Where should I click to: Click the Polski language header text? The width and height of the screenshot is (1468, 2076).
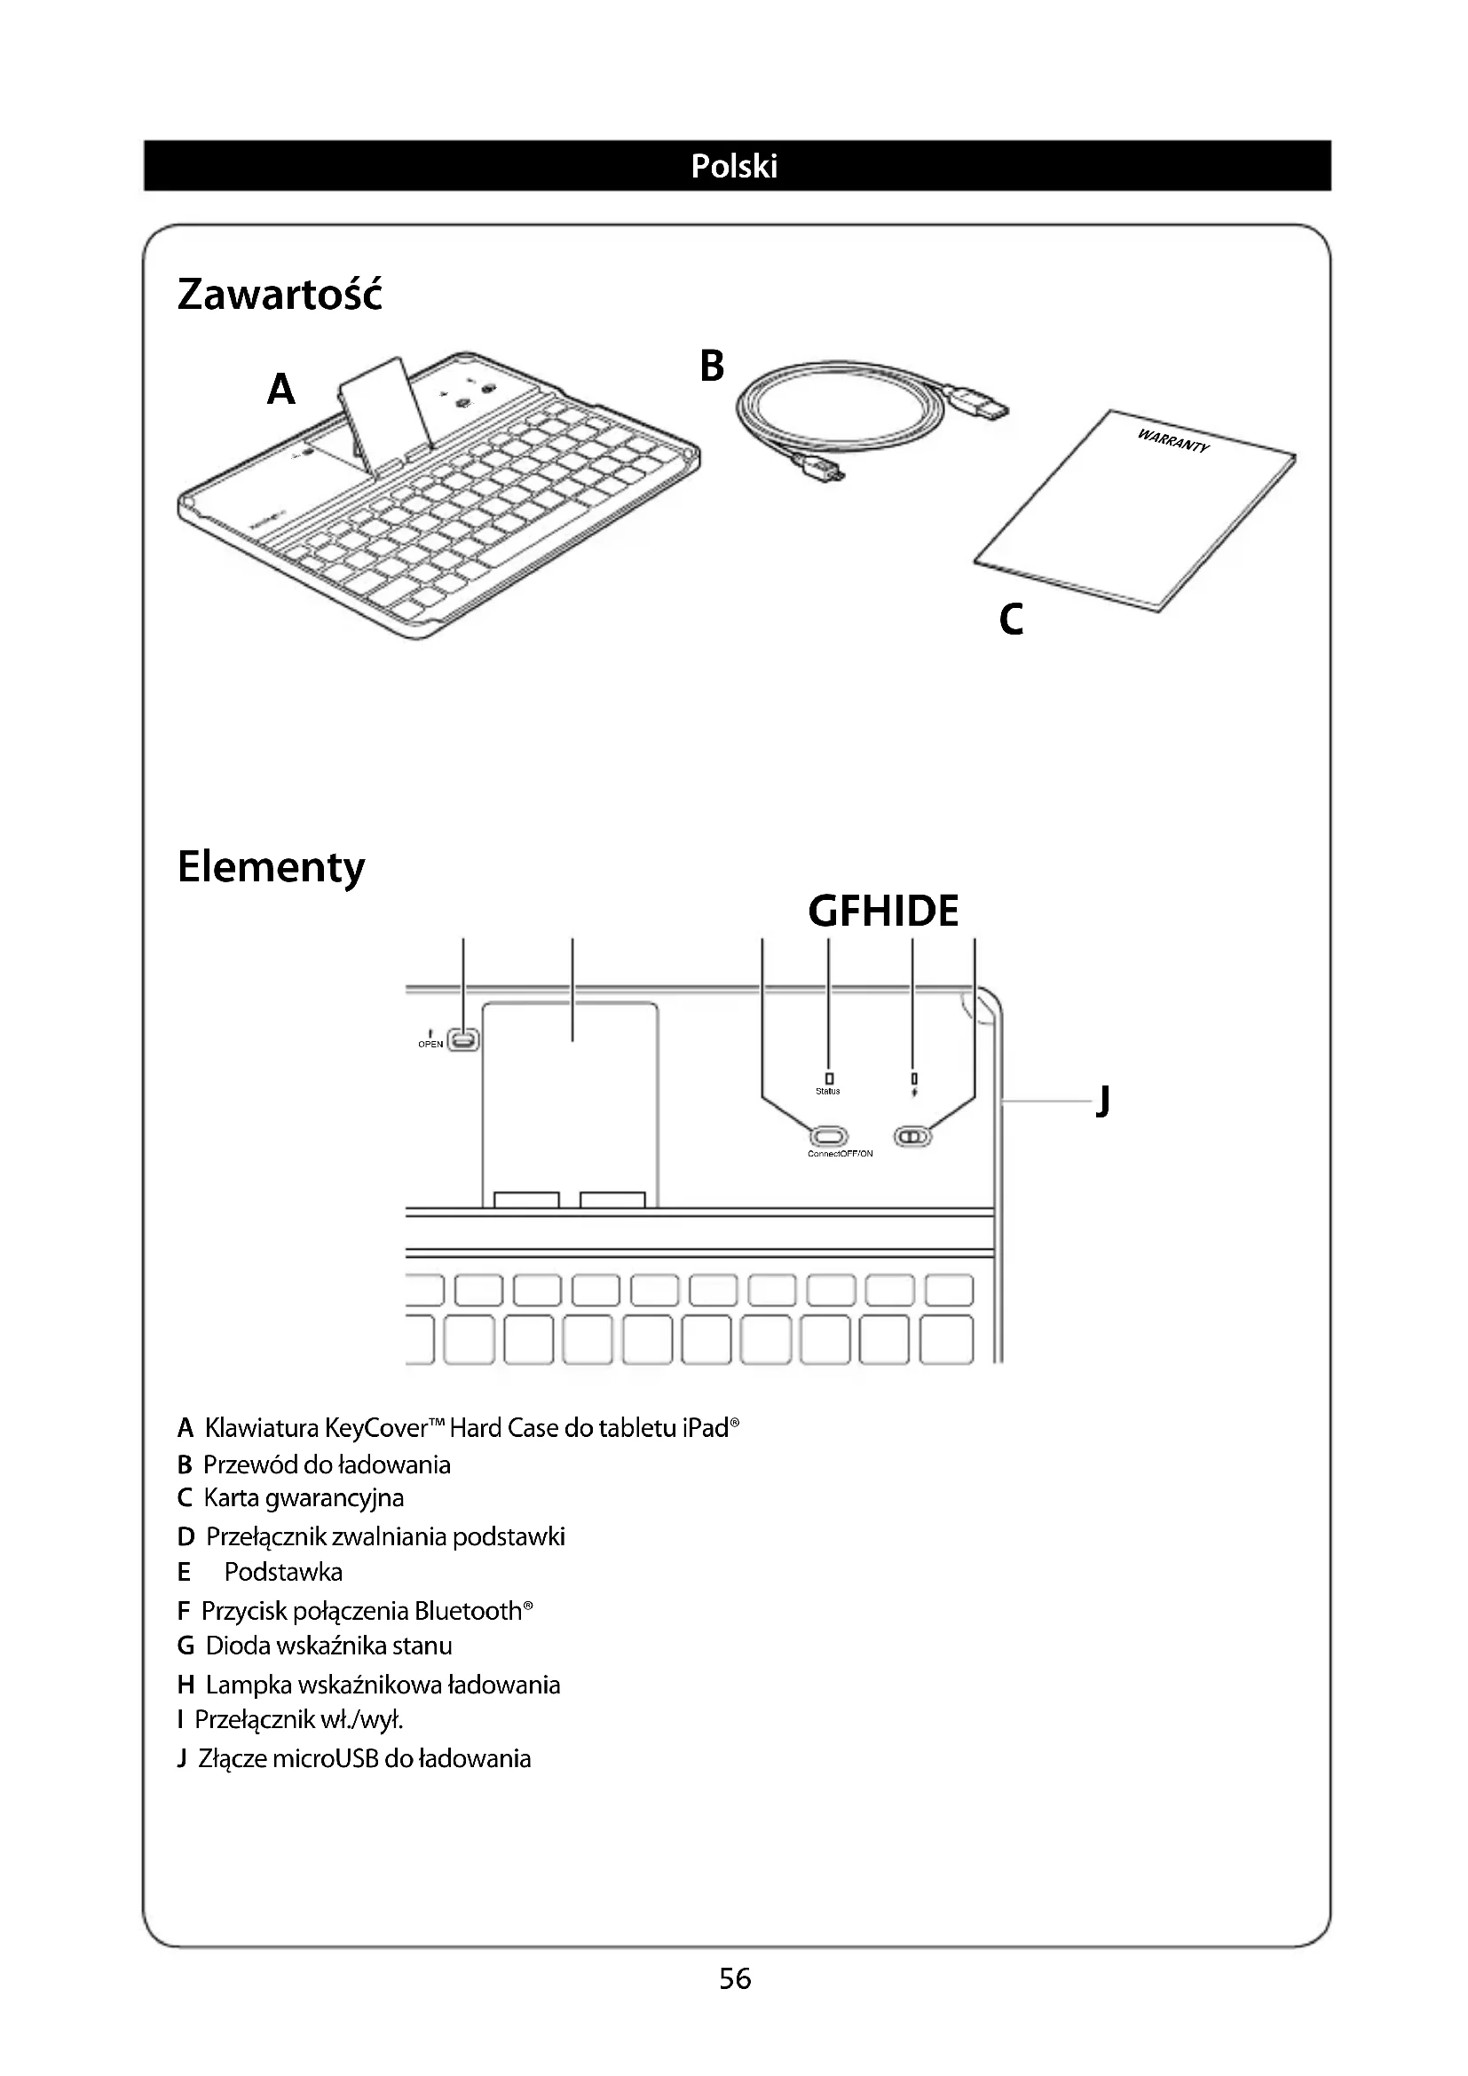tap(733, 166)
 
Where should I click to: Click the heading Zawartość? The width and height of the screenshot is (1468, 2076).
tap(280, 295)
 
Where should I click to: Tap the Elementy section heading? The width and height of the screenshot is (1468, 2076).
tap(272, 867)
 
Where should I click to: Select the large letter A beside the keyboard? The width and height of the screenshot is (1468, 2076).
tap(281, 390)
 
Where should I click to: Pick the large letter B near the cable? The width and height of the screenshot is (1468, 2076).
tap(713, 367)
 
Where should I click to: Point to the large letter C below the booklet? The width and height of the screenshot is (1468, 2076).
tap(1012, 620)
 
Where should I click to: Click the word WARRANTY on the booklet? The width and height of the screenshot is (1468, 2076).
tap(1172, 441)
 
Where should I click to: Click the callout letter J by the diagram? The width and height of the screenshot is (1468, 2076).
tap(1102, 1101)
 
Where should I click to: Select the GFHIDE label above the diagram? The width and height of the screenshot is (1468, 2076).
tap(883, 912)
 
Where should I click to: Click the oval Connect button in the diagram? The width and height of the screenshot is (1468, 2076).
tap(828, 1136)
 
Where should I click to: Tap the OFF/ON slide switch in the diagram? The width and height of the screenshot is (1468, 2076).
tap(912, 1136)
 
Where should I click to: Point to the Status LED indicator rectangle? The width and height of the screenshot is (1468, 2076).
tap(829, 1078)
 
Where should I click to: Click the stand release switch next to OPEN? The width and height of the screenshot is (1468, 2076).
tap(464, 1041)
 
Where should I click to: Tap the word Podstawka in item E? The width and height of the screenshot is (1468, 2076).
tap(283, 1573)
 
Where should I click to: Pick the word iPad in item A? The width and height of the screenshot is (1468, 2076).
tap(704, 1429)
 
